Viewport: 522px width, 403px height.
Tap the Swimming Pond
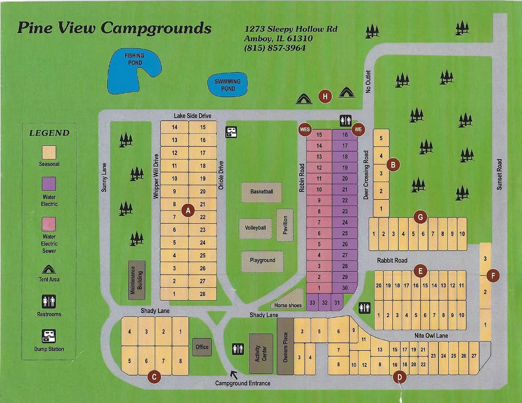[228, 85]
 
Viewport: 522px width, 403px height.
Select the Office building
[202, 347]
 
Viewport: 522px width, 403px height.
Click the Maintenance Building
[137, 280]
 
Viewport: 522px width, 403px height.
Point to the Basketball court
[261, 192]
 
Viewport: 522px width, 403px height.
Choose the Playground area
[262, 260]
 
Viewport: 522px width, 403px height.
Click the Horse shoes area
[288, 305]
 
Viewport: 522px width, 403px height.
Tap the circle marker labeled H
[325, 96]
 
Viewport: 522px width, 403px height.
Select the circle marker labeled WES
[305, 130]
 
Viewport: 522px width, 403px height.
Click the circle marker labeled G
[420, 216]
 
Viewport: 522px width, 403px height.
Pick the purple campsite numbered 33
[312, 302]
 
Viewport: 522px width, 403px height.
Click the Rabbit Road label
[392, 260]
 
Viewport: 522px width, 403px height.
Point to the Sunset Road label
[499, 174]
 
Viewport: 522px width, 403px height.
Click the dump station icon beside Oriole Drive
[231, 132]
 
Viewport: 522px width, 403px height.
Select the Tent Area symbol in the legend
[49, 270]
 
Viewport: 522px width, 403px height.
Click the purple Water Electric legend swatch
[49, 184]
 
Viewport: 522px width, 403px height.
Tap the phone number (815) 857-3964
[275, 48]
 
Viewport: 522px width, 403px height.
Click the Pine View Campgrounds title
[114, 28]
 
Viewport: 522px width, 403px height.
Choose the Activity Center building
[261, 353]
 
